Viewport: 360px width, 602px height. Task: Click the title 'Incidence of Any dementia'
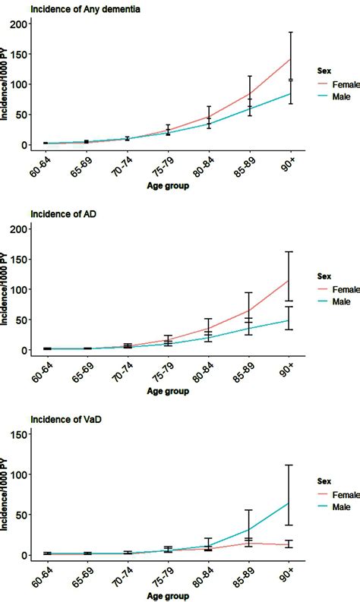click(84, 9)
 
